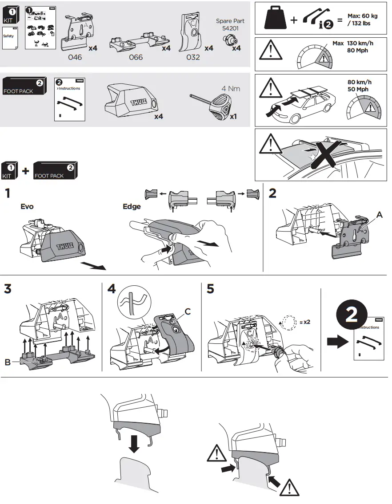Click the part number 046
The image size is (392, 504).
coord(75,57)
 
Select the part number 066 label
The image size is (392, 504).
coord(136,57)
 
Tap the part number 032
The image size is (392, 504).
coord(193,57)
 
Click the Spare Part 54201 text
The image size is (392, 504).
coord(230,24)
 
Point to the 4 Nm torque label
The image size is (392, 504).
coord(230,88)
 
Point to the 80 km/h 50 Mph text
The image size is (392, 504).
coord(360,86)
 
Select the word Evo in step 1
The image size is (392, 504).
coord(27,207)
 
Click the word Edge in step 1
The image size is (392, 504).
coord(132,207)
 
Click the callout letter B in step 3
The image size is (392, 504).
coord(8,362)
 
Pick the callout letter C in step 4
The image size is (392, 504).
coord(188,312)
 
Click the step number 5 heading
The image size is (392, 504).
coord(211,289)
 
